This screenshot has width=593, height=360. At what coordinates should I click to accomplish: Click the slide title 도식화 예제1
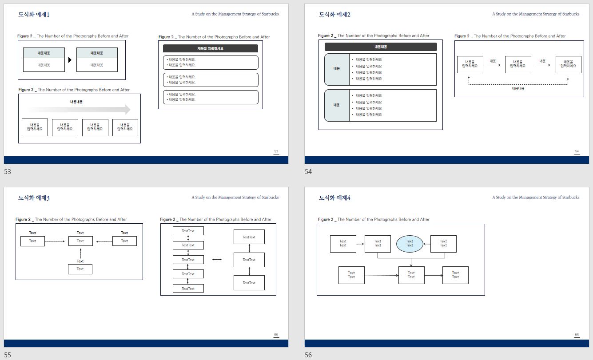click(34, 15)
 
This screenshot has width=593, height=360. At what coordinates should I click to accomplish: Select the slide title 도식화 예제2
click(334, 15)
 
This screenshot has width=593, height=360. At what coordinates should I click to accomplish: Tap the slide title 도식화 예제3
click(34, 198)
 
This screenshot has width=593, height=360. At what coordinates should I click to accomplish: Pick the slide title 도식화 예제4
click(334, 198)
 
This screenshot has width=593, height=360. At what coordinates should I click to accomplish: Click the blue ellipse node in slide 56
click(409, 244)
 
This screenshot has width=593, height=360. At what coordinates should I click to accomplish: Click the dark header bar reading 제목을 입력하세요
click(210, 48)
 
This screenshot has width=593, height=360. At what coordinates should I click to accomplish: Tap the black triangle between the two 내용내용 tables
click(70, 60)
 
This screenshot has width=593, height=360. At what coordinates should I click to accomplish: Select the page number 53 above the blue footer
click(276, 152)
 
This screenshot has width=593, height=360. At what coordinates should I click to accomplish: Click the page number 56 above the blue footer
click(577, 335)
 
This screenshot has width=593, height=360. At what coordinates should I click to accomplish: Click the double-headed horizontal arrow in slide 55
click(217, 259)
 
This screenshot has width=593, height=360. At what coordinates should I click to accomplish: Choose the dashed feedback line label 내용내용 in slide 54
click(518, 89)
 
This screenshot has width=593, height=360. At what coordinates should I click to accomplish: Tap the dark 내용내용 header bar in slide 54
click(381, 47)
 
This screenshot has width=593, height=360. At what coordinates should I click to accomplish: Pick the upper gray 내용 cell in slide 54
click(337, 69)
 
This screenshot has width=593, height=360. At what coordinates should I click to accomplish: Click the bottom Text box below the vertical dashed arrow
click(80, 269)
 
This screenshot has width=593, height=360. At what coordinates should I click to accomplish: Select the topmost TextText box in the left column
click(188, 231)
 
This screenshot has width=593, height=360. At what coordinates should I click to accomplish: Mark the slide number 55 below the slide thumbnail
click(8, 355)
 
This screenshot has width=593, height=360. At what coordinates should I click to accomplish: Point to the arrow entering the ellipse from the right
click(426, 244)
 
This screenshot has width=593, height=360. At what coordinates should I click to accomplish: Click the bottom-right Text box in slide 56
click(455, 275)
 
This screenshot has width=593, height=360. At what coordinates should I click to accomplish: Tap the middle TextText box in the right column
click(249, 260)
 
